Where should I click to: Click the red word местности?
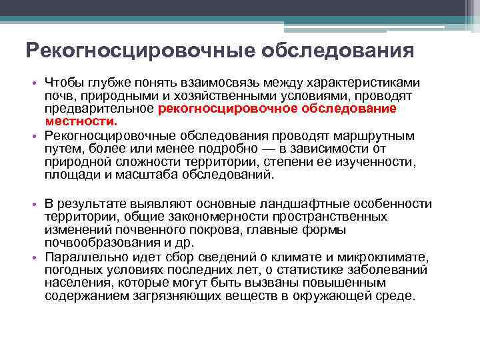[x=81, y=122]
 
